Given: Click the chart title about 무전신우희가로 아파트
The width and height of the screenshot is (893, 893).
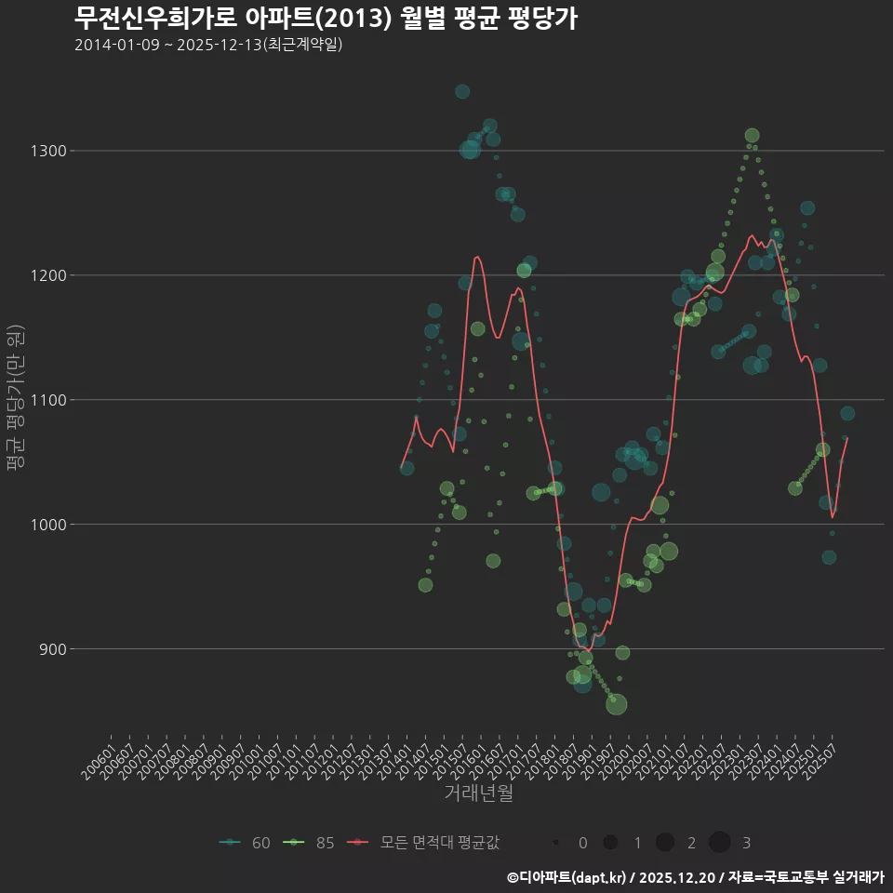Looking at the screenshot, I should [x=326, y=18].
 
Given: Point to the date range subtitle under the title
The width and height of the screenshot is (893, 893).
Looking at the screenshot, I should [x=208, y=45].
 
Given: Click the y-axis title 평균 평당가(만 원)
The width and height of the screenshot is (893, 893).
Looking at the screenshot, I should [x=16, y=399].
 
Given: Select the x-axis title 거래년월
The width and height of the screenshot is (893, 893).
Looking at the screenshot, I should [x=478, y=793].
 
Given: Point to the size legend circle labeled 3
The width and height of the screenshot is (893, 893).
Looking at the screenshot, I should [x=719, y=843].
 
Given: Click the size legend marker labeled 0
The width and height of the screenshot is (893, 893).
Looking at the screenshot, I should [x=555, y=843].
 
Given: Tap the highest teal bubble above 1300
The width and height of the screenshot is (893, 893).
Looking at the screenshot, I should [x=462, y=91].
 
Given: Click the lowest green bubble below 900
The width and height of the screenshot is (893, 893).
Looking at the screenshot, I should [x=616, y=704].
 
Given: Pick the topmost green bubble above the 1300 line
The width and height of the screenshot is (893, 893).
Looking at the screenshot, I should [x=752, y=136].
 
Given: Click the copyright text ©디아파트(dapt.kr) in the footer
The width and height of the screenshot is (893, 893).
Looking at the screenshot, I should [x=569, y=877].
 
